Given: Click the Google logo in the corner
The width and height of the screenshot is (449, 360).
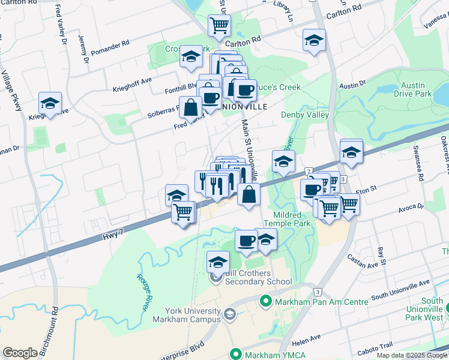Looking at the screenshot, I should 20,352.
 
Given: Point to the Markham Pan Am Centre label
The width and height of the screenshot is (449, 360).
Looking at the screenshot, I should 321,302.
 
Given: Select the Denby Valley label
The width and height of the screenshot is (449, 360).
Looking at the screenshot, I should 305,115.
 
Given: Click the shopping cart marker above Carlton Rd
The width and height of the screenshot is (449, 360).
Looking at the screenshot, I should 220,25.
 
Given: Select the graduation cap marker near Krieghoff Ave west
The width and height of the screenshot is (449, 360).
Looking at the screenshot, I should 50,103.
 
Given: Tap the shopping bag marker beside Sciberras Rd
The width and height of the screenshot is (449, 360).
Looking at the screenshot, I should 190,108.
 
